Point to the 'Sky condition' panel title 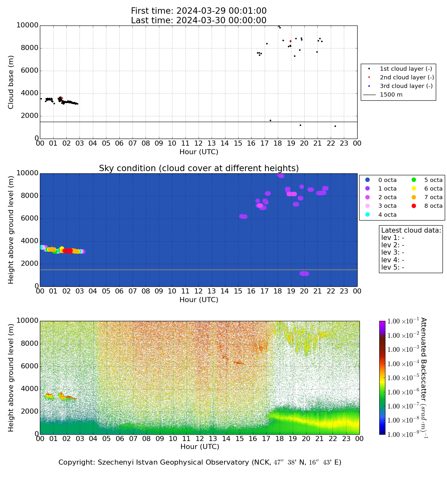click(x=199, y=168)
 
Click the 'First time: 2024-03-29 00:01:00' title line click(x=199, y=11)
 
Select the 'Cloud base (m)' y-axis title click(x=11, y=82)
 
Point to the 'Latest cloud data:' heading click(x=411, y=230)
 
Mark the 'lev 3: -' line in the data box click(x=393, y=252)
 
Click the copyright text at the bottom click(x=200, y=462)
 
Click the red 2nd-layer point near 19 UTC click(x=290, y=41)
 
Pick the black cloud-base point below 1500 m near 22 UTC click(x=335, y=126)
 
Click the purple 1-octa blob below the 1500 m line click(x=304, y=273)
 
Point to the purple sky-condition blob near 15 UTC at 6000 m click(x=243, y=216)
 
